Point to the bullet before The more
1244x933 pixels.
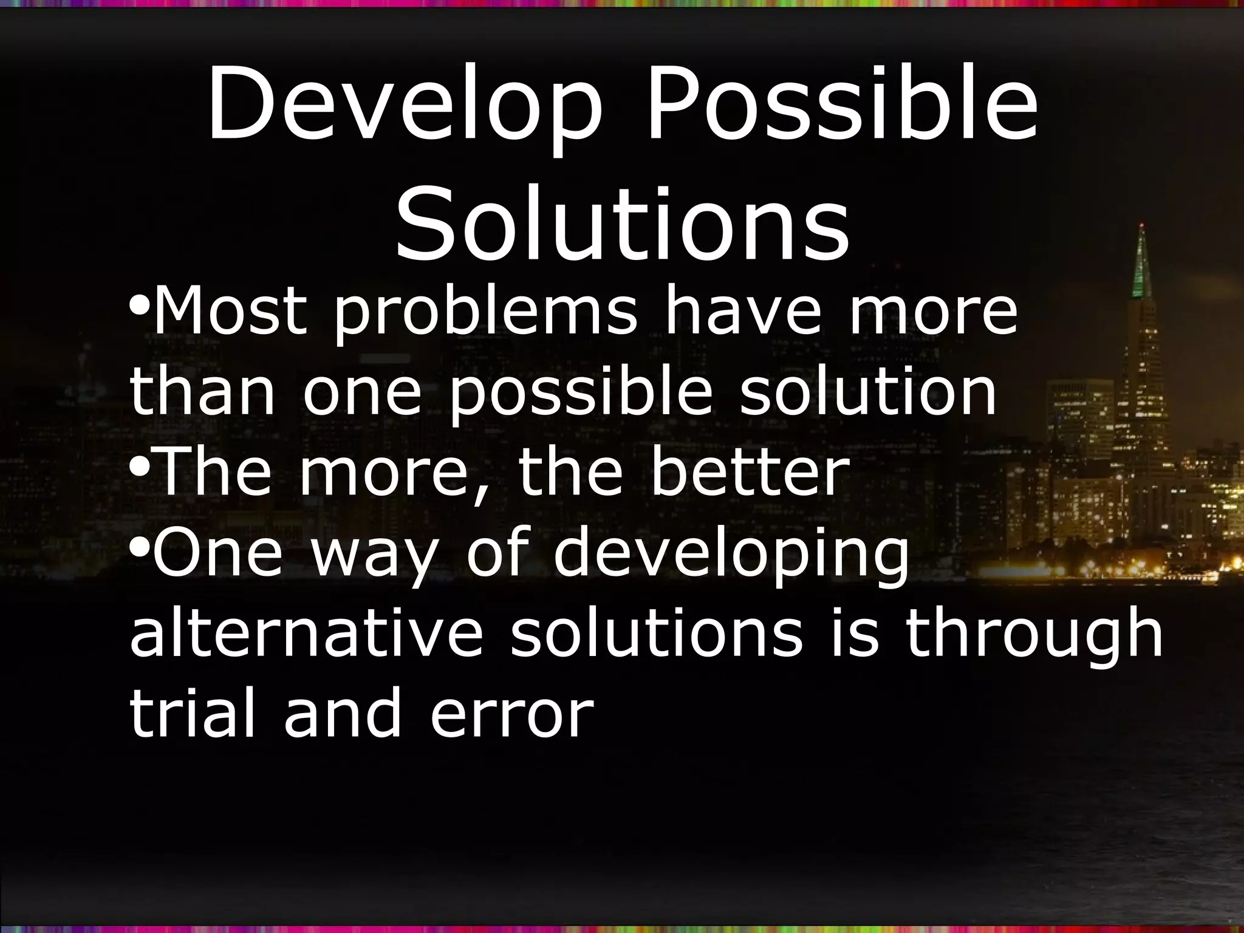[x=138, y=466]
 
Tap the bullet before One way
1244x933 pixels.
[x=138, y=548]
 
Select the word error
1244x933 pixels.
[x=511, y=717]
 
